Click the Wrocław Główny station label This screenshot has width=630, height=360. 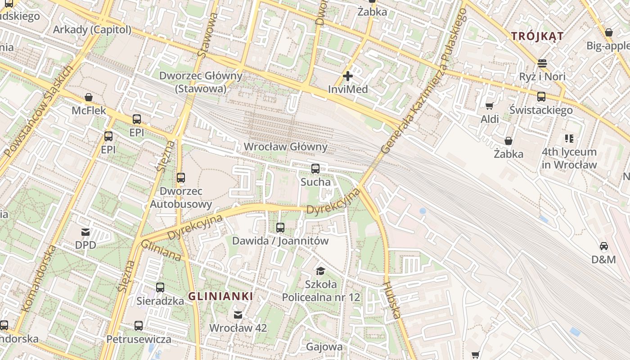coord(285,147)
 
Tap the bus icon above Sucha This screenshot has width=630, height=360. coord(315,169)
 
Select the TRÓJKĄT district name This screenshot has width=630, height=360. coord(537,36)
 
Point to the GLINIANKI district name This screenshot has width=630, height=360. coord(220,297)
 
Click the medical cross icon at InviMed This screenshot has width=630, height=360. coord(347,76)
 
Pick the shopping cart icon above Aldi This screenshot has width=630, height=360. coord(489,106)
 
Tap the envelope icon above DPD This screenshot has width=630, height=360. coord(85,232)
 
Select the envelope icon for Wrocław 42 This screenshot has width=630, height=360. coord(238,315)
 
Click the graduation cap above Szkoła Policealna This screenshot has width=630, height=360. coord(320,270)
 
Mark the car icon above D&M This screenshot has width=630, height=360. coord(603,246)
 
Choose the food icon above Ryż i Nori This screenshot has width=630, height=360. coord(542,63)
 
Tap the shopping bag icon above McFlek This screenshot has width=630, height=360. coord(89,97)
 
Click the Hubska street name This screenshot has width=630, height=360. coord(391,300)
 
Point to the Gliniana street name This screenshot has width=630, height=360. coord(161,251)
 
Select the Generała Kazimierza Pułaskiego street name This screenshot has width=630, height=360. coord(423,81)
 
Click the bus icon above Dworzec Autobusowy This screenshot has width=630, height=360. coord(181,178)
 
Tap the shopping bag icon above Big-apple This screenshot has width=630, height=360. coord(608,32)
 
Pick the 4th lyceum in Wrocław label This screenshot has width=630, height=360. coord(569,158)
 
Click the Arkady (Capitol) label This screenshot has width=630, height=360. coord(92,30)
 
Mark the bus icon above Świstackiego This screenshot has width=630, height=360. coord(541,96)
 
